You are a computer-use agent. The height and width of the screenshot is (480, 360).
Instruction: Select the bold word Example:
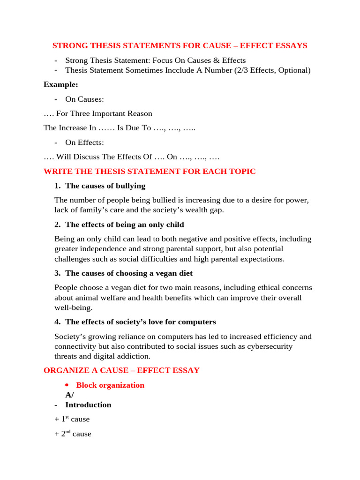[61, 84]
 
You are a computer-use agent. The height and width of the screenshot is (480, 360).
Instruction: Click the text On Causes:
[84, 99]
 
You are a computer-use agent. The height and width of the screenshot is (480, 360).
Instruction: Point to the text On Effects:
[84, 142]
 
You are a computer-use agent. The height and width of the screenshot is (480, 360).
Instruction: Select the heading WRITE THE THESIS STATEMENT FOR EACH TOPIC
[150, 171]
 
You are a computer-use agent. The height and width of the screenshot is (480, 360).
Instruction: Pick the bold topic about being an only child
[125, 225]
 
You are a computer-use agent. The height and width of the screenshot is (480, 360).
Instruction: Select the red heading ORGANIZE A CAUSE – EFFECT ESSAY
[121, 370]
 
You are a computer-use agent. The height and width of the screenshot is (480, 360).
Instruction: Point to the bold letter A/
[69, 395]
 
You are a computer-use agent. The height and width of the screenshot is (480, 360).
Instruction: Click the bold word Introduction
[88, 405]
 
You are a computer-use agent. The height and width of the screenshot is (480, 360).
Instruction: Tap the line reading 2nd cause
[73, 434]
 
